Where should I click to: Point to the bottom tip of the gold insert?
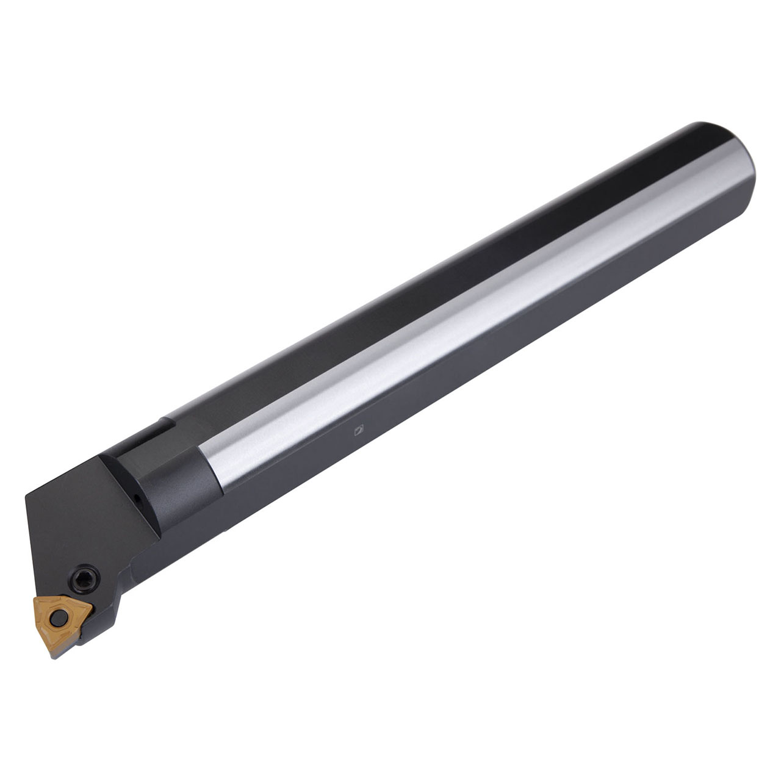[56, 639]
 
